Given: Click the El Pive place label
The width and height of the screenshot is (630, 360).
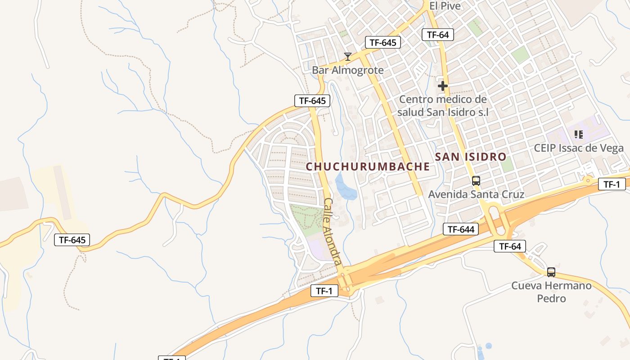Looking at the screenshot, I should point(445,6).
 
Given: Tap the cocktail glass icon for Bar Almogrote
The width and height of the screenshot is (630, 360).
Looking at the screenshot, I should point(347,57).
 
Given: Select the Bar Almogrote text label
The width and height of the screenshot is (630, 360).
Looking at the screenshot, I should point(347,70).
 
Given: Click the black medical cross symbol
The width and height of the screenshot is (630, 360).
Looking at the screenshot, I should point(443,85).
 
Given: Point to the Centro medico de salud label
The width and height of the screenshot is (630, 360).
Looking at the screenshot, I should point(443,106).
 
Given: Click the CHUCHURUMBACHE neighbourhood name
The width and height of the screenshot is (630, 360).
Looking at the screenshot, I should point(368,166).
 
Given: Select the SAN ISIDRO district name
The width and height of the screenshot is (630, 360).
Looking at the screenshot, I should point(471,157).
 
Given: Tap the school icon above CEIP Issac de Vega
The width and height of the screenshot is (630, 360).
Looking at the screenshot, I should point(579,134).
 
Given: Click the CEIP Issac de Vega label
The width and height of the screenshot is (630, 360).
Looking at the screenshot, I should point(579,148).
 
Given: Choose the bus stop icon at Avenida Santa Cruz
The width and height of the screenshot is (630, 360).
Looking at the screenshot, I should point(476,181).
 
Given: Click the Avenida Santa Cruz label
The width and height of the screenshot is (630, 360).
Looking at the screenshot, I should point(476,194).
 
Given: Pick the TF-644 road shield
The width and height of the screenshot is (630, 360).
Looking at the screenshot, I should point(461,229).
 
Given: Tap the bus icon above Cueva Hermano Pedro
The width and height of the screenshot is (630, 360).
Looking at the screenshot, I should point(551,272).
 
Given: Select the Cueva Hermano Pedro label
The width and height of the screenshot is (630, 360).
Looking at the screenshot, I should point(551,292).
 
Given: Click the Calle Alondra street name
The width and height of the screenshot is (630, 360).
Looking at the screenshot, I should point(333,232).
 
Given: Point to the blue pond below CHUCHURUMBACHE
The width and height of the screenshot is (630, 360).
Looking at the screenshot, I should point(346,188).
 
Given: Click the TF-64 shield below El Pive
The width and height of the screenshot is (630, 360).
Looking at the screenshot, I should point(437,34).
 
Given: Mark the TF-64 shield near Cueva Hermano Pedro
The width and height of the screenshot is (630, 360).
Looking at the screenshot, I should point(509,246).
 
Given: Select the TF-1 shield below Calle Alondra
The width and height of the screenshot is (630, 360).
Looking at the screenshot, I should point(324,291).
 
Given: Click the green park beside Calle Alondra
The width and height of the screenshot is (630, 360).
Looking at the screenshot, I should point(307,220).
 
